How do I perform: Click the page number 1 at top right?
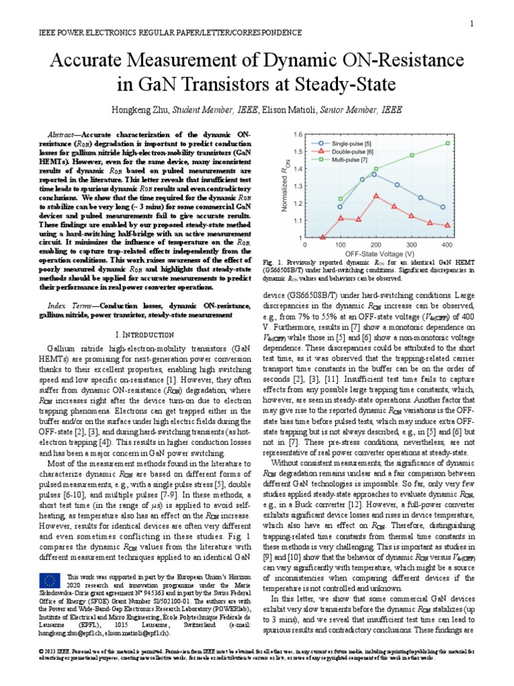coord(472,24)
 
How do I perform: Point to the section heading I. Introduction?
coord(140,334)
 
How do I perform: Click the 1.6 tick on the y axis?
coord(298,134)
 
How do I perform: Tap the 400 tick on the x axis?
coord(448,246)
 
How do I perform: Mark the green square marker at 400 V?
coord(448,143)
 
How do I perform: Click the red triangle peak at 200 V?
coord(376,196)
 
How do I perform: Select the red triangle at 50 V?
coord(323,236)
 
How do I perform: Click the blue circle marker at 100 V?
coord(340,206)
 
